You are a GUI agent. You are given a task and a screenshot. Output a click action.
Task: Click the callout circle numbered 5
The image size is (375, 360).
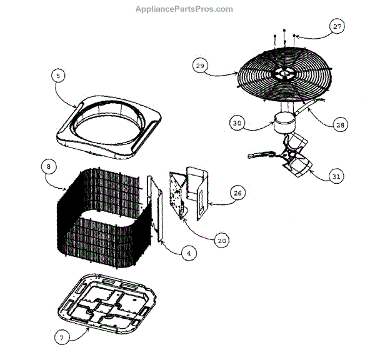(x=57, y=76)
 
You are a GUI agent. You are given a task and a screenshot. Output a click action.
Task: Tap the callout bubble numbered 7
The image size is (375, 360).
(x=61, y=338)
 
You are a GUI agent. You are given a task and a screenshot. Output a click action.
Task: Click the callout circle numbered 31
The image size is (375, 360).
(x=336, y=176)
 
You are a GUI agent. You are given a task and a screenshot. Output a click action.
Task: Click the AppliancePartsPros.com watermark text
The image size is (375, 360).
(x=184, y=9)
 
